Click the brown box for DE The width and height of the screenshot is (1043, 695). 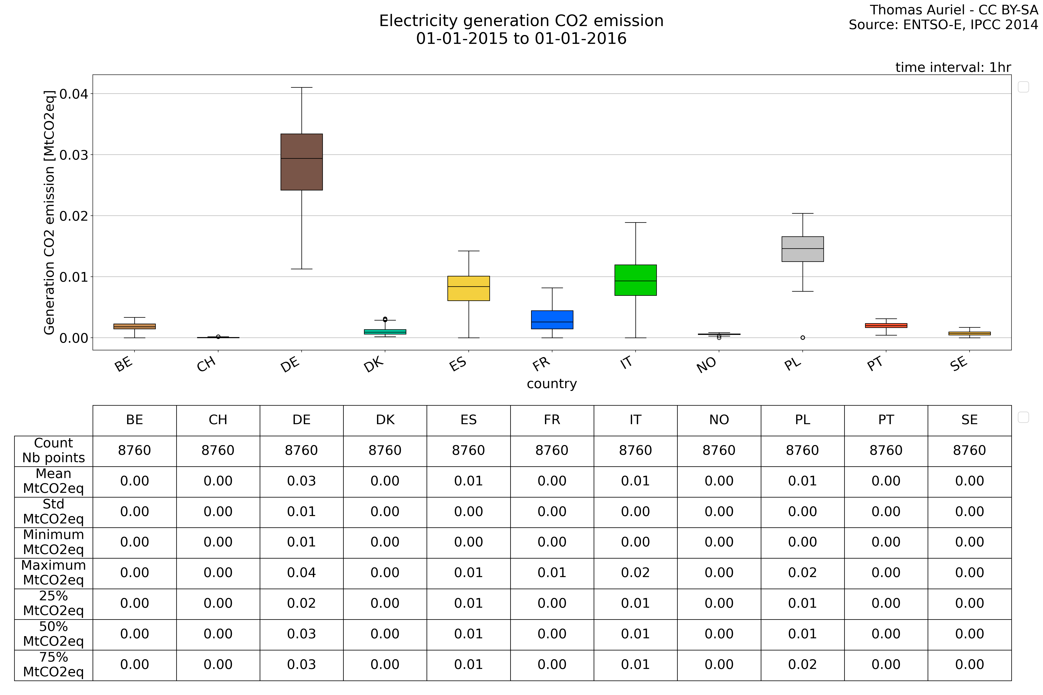pyautogui.click(x=302, y=162)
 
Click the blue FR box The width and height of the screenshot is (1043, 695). pyautogui.click(x=552, y=319)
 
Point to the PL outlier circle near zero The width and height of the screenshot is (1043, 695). pyautogui.click(x=803, y=338)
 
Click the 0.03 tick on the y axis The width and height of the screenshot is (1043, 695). pyautogui.click(x=74, y=155)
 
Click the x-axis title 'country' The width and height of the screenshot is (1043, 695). pyautogui.click(x=552, y=384)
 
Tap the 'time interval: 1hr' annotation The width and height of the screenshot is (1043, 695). pyautogui.click(x=953, y=67)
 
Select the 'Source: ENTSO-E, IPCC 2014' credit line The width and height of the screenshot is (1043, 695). pyautogui.click(x=943, y=25)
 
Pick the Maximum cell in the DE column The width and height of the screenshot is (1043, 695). pyautogui.click(x=302, y=573)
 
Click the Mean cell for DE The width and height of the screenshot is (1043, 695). pyautogui.click(x=302, y=481)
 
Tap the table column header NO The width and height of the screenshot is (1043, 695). pyautogui.click(x=719, y=420)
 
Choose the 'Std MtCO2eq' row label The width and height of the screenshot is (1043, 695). pyautogui.click(x=53, y=512)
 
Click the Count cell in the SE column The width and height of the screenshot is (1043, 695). pyautogui.click(x=969, y=451)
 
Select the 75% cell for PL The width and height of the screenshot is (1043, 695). pyautogui.click(x=803, y=665)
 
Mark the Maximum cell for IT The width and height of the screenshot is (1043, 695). pyautogui.click(x=635, y=573)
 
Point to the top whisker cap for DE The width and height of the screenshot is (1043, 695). pyautogui.click(x=302, y=88)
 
